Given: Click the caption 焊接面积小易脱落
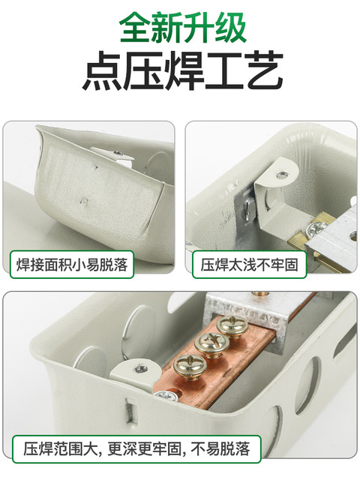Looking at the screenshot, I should click(72, 264).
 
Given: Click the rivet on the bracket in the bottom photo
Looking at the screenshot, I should click(139, 367).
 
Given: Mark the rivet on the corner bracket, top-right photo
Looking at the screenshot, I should click(280, 173).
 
